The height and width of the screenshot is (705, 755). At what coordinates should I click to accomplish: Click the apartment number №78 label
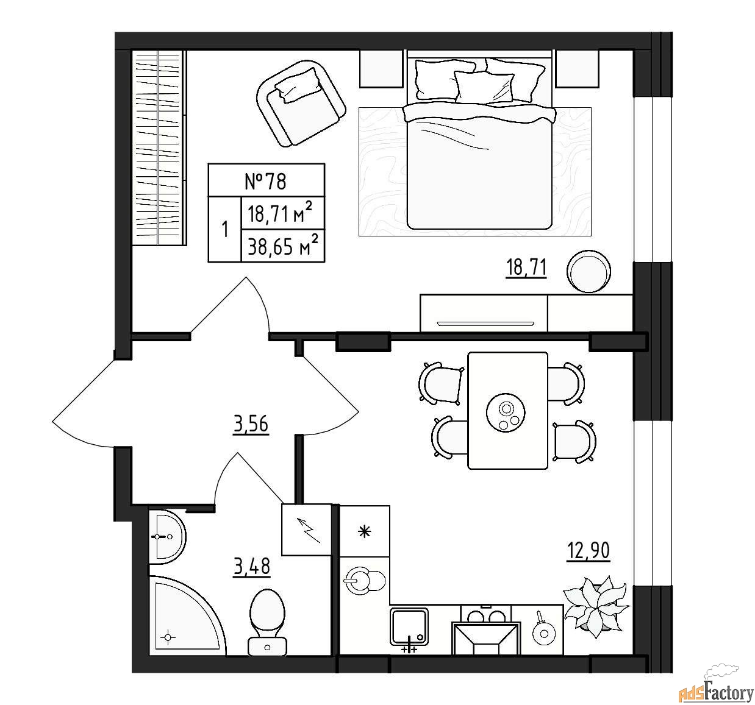point(266,181)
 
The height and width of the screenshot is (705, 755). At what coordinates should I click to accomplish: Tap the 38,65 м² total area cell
point(283,246)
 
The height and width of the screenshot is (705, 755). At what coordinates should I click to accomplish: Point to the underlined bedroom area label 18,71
point(526,267)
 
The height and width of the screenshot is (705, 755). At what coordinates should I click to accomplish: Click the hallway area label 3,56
point(251,424)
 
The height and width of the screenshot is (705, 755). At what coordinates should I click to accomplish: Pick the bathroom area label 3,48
point(252,567)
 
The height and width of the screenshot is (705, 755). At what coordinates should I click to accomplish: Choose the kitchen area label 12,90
point(588,550)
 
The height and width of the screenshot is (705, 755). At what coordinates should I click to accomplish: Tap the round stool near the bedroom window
point(589,271)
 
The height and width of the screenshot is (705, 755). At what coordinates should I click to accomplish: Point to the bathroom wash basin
point(166,537)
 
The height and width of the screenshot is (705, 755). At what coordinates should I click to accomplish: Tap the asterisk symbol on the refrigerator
point(365,531)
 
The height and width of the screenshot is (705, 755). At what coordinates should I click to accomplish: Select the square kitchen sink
point(409,627)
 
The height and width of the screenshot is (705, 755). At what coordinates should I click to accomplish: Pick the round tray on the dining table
point(506,412)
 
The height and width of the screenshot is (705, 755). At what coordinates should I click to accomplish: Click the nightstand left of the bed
point(381,69)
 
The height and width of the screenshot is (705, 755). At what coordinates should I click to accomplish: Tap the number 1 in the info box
point(224,230)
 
